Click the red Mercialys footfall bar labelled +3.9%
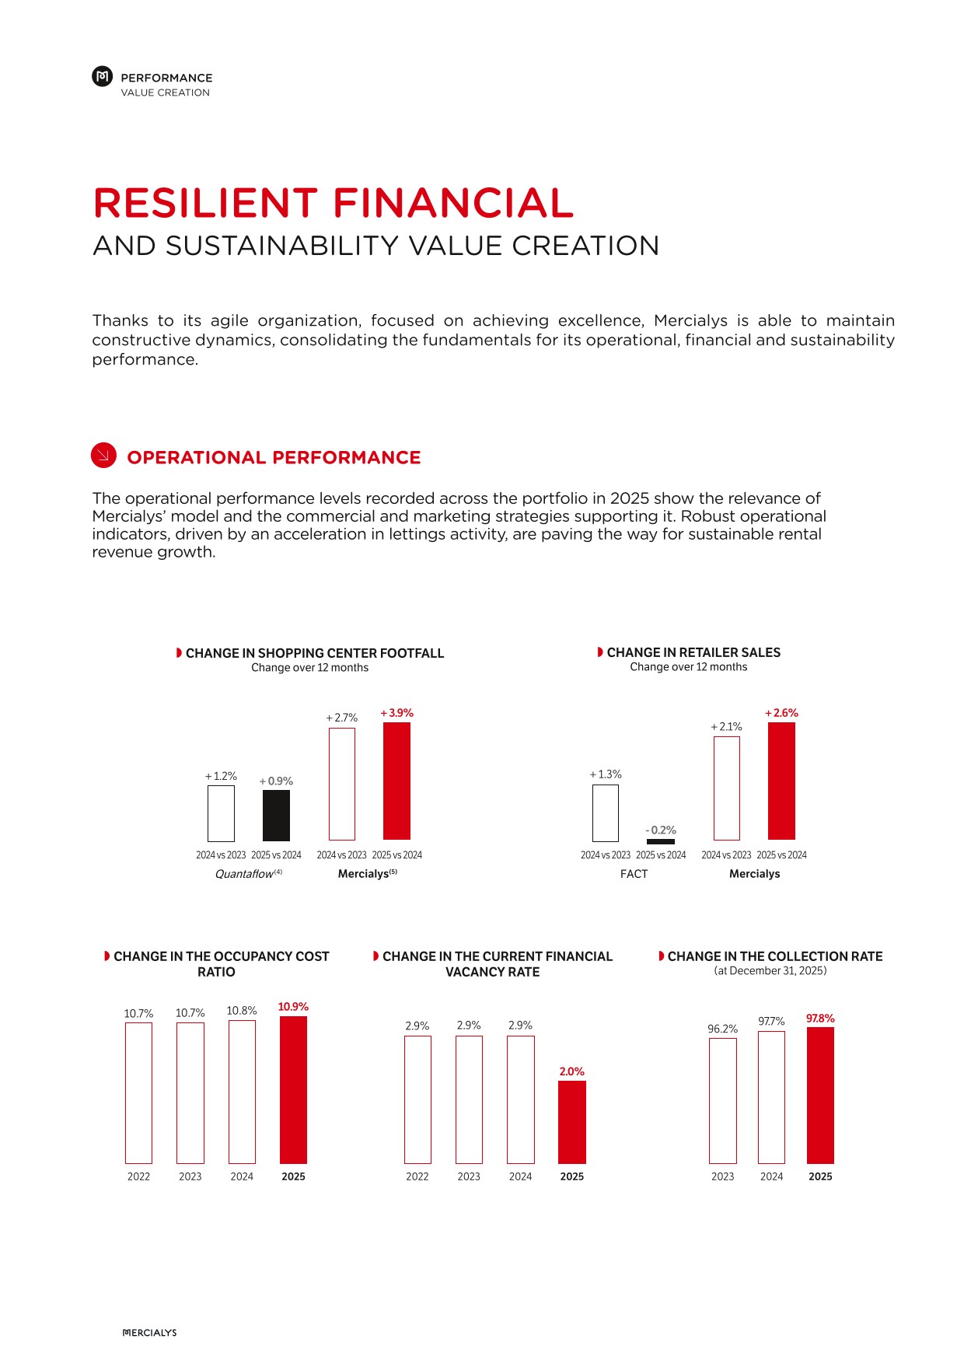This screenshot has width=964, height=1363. (x=396, y=781)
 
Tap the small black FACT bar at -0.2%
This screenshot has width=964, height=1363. (x=661, y=841)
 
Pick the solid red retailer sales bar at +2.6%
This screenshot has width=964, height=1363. (x=781, y=781)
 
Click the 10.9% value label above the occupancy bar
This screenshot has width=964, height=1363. (x=293, y=1007)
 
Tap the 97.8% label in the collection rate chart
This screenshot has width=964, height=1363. (x=820, y=1019)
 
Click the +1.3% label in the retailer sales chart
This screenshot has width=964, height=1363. (x=606, y=774)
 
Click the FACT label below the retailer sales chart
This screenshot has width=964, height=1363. (x=634, y=874)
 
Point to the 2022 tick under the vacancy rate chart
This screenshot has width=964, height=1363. (x=417, y=1176)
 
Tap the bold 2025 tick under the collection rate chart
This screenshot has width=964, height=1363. (x=820, y=1176)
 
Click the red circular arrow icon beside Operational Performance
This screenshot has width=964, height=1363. (x=103, y=456)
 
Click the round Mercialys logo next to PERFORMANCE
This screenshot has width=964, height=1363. (x=103, y=76)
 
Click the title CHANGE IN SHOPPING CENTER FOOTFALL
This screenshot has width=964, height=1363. (x=315, y=653)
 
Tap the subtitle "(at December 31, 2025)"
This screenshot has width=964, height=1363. (x=770, y=970)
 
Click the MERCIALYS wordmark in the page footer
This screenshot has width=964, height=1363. (x=150, y=1333)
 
